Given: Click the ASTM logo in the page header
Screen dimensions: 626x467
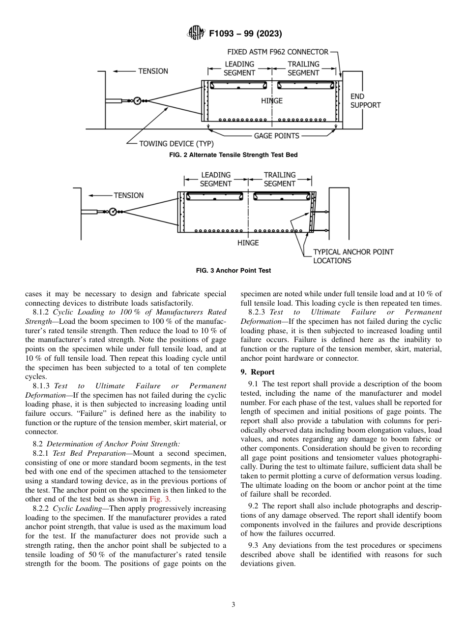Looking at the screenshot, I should pyautogui.click(x=196, y=33).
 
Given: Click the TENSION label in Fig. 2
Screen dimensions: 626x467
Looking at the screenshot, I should pyautogui.click(x=153, y=71).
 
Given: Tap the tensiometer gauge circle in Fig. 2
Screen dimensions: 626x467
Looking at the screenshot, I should pyautogui.click(x=137, y=100).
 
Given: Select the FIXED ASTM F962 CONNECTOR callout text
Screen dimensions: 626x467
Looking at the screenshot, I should pyautogui.click(x=278, y=52).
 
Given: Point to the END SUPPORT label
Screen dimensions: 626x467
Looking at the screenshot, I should pyautogui.click(x=365, y=101).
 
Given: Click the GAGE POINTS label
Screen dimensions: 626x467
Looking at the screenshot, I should pyautogui.click(x=276, y=136).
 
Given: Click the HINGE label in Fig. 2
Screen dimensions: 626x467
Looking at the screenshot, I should pyautogui.click(x=272, y=101).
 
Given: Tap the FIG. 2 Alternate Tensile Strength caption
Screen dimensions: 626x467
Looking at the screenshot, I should pyautogui.click(x=233, y=155).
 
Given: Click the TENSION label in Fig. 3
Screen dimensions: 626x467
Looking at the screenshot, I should pyautogui.click(x=129, y=195).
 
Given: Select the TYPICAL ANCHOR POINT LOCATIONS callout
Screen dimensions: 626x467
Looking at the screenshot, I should pyautogui.click(x=353, y=256).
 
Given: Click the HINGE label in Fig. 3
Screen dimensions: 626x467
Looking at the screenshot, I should pyautogui.click(x=248, y=243).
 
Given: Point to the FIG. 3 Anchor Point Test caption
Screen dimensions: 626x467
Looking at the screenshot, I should pyautogui.click(x=233, y=271).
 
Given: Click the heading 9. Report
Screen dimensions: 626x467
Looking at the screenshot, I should pyautogui.click(x=257, y=372).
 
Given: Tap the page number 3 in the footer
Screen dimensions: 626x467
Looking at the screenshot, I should pyautogui.click(x=233, y=605).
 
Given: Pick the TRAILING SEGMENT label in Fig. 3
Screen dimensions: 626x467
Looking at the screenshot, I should pyautogui.click(x=280, y=179).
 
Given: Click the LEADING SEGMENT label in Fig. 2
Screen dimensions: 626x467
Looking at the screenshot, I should pyautogui.click(x=239, y=68).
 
